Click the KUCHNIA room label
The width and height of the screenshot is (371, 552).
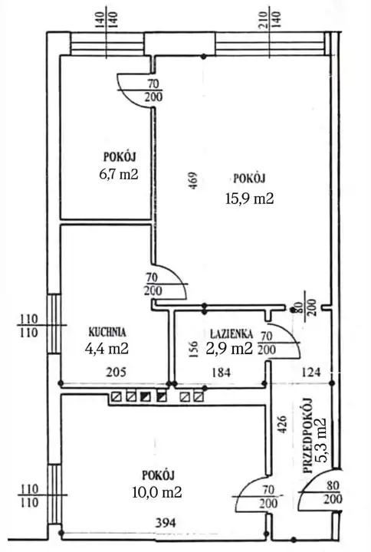click(107, 332)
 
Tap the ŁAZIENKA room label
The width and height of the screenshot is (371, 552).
click(231, 333)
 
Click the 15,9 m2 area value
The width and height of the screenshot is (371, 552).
click(249, 199)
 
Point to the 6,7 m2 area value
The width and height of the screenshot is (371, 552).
click(119, 174)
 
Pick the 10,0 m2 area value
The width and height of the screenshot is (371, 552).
click(157, 491)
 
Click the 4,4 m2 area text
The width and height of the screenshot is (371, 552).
click(107, 349)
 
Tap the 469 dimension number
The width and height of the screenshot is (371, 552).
click(193, 181)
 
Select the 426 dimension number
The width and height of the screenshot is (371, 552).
click(283, 425)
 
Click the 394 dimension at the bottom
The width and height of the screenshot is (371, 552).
click(166, 523)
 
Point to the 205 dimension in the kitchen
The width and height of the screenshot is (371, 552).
click(117, 372)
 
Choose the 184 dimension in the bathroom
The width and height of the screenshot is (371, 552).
click(221, 372)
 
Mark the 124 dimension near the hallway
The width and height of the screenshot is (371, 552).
click(310, 372)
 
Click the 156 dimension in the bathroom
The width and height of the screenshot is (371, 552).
click(193, 350)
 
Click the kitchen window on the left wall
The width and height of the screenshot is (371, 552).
click(54, 324)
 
